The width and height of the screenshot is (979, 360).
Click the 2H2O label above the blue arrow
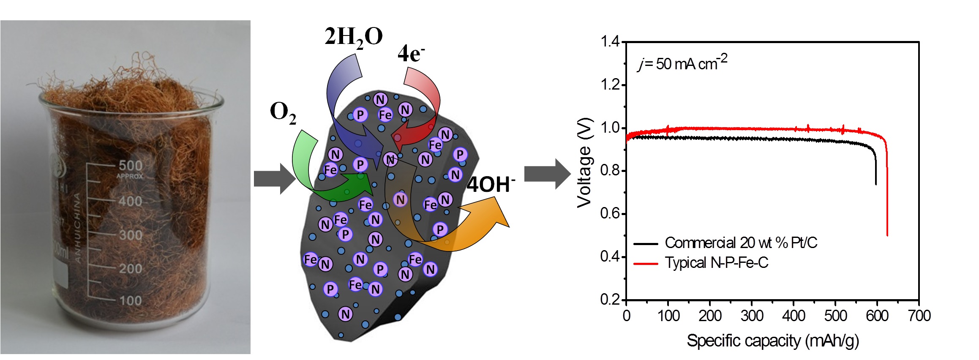tap(353, 37)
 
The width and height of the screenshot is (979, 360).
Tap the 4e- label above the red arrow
tap(411, 54)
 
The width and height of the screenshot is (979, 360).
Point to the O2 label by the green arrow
tap(283, 113)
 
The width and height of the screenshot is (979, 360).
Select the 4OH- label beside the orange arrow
tap(491, 185)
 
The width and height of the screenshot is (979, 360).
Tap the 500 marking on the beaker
tap(131, 165)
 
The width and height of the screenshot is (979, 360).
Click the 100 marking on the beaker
tap(130, 301)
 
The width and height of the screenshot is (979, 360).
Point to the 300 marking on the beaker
tap(130, 235)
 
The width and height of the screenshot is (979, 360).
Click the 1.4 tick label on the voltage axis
tap(610, 41)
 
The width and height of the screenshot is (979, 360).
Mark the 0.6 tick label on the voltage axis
tap(610, 213)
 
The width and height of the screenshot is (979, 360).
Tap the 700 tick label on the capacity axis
tap(919, 316)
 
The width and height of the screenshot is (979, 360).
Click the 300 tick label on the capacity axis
tap(752, 316)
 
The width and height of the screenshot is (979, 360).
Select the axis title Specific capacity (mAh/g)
tap(772, 341)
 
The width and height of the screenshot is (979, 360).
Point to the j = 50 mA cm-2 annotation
tap(682, 63)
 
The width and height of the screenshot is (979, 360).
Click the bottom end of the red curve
tap(887, 235)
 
